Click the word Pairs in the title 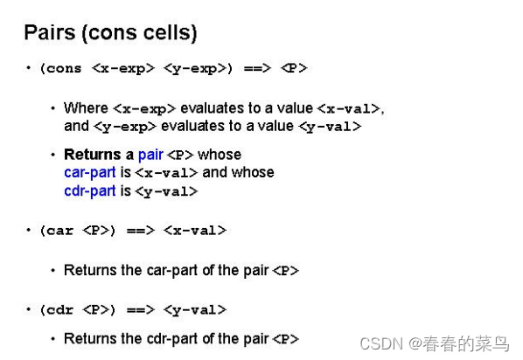[x=48, y=33]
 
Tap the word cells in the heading [x=168, y=33]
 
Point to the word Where [x=87, y=108]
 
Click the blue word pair [x=150, y=155]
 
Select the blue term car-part [x=90, y=172]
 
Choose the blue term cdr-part [x=90, y=190]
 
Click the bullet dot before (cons [x=27, y=67]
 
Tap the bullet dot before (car [x=27, y=231]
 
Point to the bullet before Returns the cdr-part [x=53, y=339]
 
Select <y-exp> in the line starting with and [x=124, y=126]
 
